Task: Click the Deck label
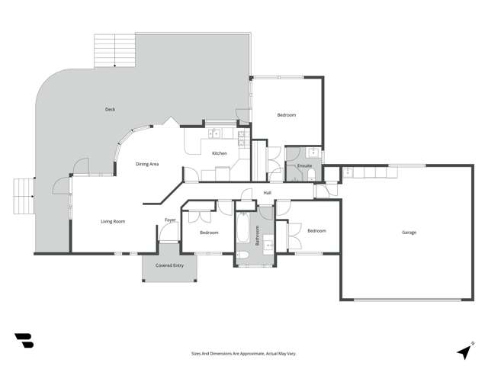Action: tap(110, 109)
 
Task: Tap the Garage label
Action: tap(409, 233)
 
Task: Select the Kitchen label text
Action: tap(220, 153)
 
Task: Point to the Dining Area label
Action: tap(147, 164)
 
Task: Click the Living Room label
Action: tap(113, 222)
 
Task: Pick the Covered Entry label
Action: tap(169, 265)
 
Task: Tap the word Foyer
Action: tap(170, 220)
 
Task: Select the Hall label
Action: tap(268, 193)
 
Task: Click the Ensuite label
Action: tap(304, 165)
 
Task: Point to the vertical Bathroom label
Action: tap(258, 236)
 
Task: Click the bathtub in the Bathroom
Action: tap(242, 228)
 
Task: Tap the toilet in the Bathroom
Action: tap(242, 256)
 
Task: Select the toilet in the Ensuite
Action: tap(312, 175)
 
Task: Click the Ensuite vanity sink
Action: tap(313, 153)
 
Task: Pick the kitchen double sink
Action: tap(214, 134)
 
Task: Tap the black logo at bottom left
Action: tap(24, 341)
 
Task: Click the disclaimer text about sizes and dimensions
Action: tap(244, 354)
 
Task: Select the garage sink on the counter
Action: tap(348, 172)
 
